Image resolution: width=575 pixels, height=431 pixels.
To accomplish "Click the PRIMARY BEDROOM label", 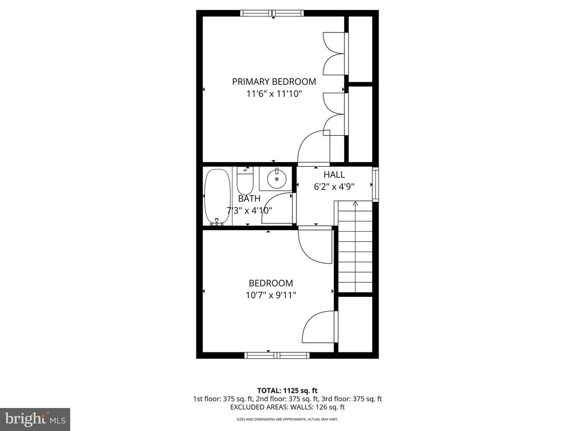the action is tap(274, 81).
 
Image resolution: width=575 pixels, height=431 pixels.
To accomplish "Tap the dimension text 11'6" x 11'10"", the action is tap(274, 94).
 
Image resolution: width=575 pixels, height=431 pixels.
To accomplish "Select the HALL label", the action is tap(334, 175).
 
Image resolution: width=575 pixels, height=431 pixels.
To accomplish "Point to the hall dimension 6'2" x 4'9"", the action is tap(334, 186).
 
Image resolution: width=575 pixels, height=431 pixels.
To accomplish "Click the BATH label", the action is tap(249, 199).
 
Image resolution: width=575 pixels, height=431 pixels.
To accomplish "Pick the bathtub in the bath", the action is tap(217, 197).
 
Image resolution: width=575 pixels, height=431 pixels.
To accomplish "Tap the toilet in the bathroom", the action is tap(245, 181).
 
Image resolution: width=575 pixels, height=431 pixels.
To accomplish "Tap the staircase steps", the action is tap(355, 247).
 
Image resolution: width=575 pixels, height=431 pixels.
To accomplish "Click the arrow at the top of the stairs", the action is tap(355, 203).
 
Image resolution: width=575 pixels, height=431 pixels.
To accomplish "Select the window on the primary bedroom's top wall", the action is tap(272, 13).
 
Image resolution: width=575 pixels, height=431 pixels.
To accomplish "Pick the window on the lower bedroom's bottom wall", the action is tap(277, 355).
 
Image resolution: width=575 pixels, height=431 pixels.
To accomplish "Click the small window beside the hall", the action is tap(376, 184).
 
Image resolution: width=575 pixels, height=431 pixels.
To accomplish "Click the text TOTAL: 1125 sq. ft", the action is tap(287, 391).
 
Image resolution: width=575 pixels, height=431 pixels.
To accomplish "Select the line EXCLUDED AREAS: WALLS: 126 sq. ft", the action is tap(287, 407).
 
